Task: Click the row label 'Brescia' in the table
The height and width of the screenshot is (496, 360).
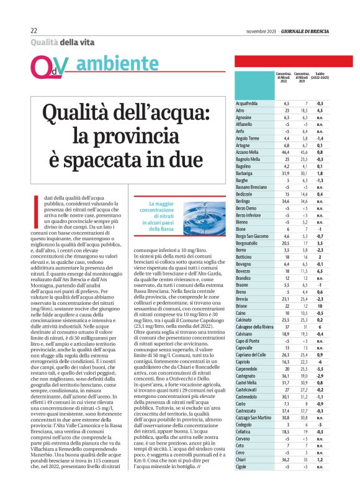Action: point(244,300)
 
